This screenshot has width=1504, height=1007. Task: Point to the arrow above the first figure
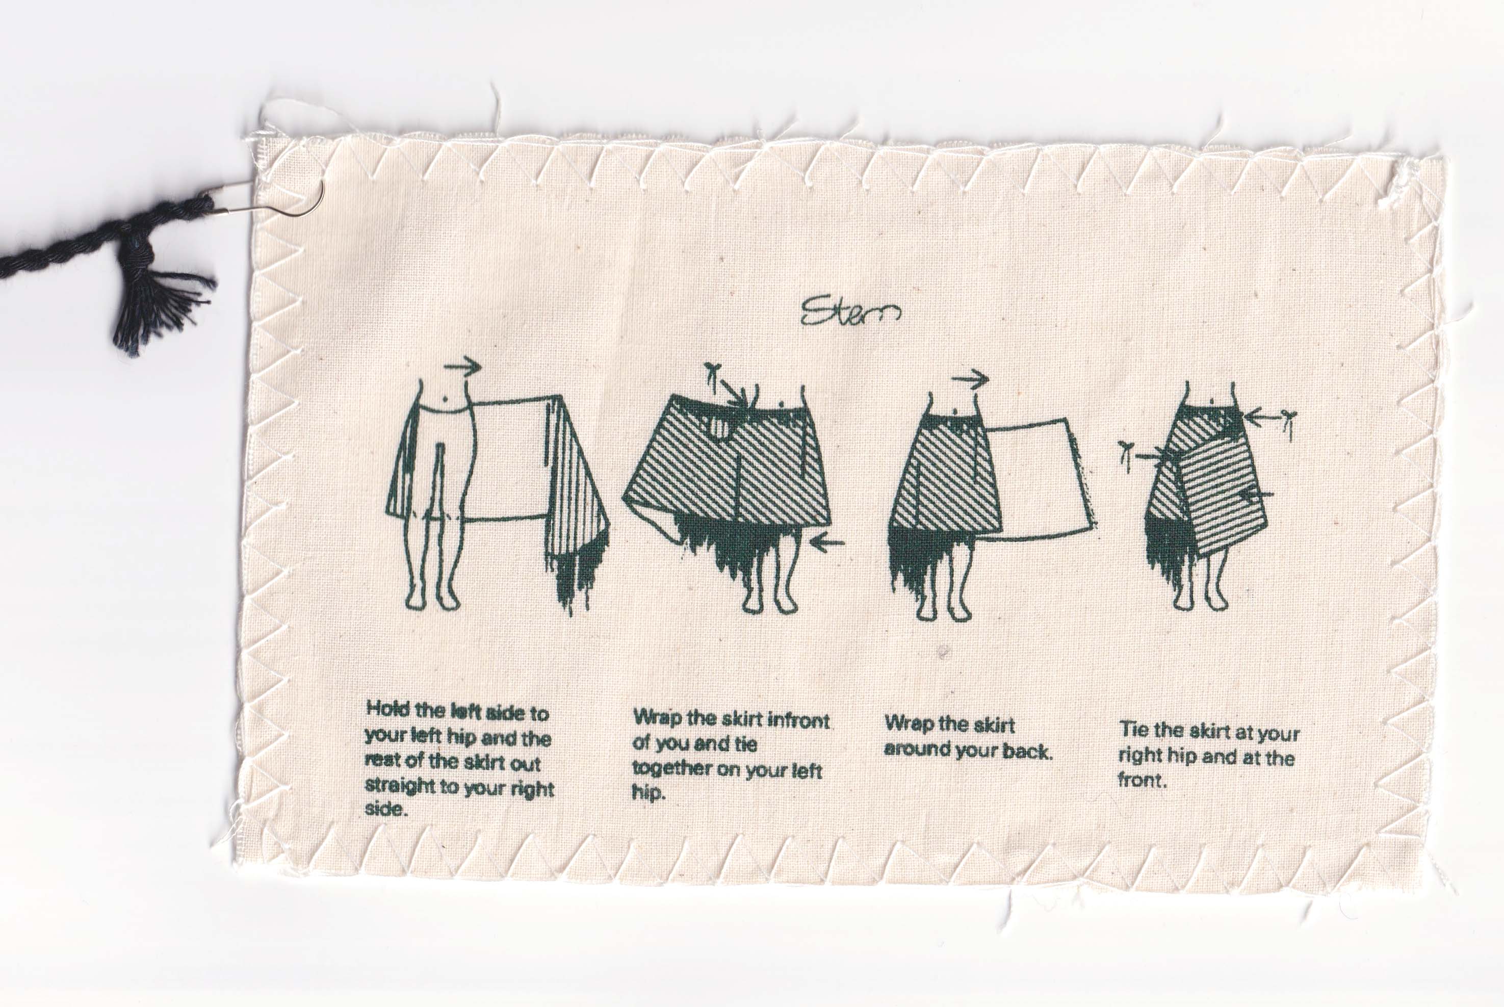click(x=462, y=367)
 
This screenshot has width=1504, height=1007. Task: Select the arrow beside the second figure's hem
click(x=827, y=544)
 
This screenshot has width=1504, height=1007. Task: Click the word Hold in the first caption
click(x=388, y=709)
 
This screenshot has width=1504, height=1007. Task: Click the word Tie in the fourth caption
click(x=1133, y=730)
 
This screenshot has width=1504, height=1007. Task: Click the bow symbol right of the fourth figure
click(x=1286, y=423)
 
